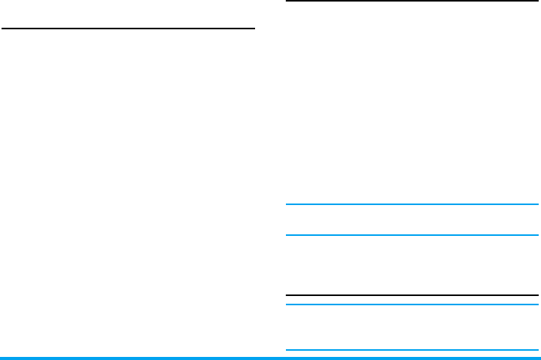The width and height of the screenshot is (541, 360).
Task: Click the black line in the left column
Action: point(128,29)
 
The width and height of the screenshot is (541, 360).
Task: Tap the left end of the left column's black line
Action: point(3,29)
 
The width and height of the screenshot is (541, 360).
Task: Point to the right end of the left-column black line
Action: point(254,29)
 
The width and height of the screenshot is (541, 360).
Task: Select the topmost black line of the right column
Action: point(412,2)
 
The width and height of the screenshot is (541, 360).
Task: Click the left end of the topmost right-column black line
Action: point(287,2)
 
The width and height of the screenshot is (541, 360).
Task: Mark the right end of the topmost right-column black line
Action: point(537,2)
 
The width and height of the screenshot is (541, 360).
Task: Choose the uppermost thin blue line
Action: point(412,205)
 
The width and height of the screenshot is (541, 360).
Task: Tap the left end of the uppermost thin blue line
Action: point(287,205)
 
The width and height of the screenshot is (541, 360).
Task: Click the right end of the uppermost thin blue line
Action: point(537,205)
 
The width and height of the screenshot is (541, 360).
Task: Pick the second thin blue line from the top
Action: point(412,235)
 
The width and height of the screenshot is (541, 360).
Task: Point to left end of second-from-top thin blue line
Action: point(287,235)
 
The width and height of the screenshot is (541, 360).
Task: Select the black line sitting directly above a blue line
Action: point(412,295)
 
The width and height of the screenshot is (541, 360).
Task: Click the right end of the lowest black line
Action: point(537,295)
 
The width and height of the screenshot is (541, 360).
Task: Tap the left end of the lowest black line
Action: point(287,295)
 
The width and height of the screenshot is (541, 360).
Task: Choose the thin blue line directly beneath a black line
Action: point(412,304)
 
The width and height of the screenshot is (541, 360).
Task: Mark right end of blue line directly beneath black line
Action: point(537,304)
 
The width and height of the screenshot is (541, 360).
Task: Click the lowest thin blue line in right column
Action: point(412,351)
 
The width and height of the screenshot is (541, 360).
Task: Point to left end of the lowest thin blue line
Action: point(287,351)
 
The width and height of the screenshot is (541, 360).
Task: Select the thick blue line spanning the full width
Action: point(270,358)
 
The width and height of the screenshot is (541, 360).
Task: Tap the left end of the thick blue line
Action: point(2,358)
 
